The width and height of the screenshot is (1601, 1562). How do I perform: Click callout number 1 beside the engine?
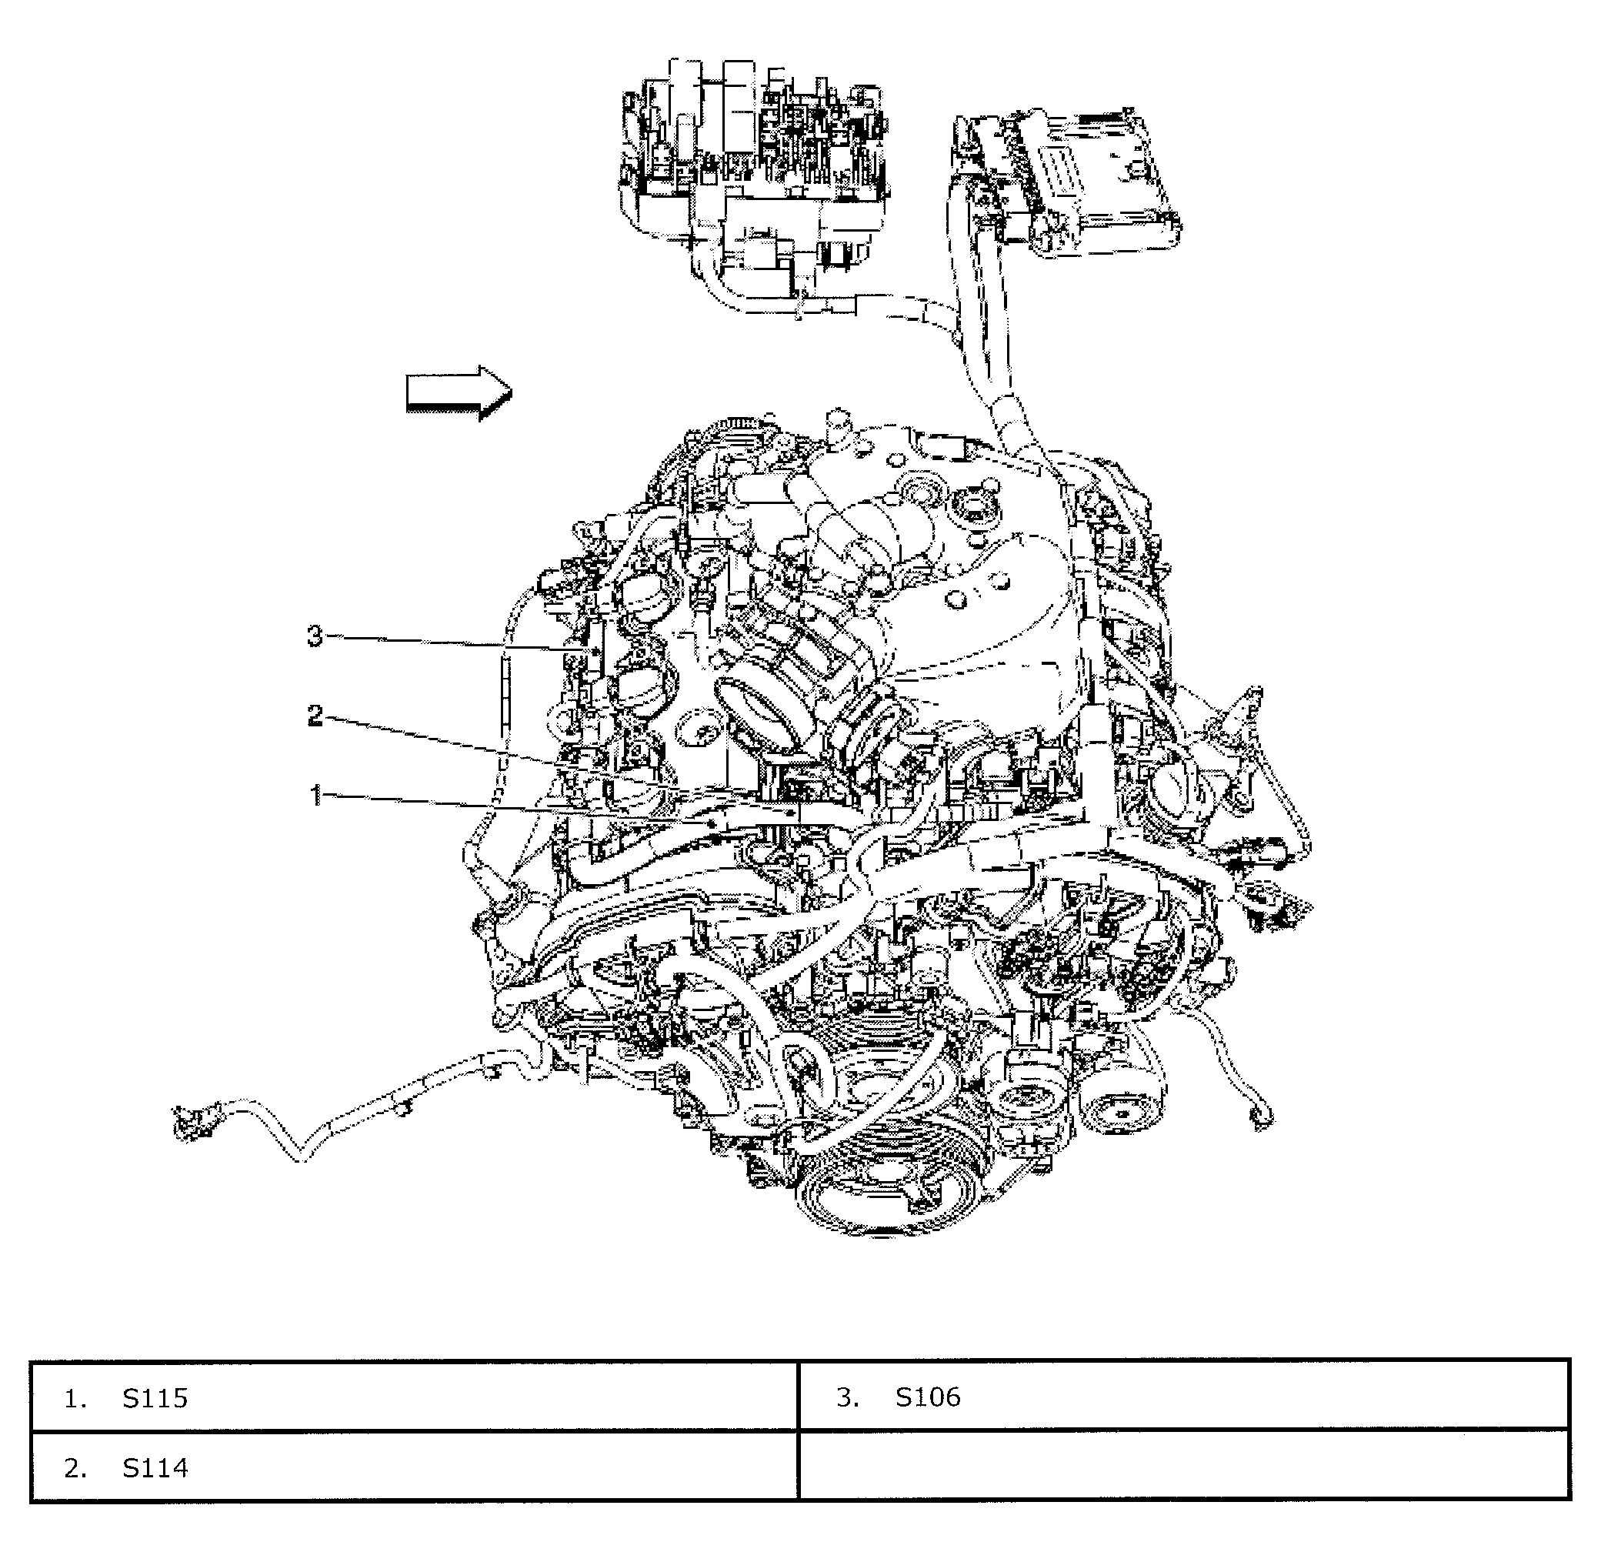315,794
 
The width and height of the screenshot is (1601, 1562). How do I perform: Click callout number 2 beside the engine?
315,716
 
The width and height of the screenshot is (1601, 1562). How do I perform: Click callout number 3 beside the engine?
315,636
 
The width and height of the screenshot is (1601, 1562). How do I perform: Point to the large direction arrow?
459,392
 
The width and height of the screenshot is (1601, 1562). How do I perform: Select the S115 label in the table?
155,1398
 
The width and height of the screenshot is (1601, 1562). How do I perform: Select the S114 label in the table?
155,1467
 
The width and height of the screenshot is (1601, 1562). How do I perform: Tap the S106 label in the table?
928,1397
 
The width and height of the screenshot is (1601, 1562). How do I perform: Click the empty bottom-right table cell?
1183,1467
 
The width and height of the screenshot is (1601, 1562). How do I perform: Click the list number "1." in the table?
75,1398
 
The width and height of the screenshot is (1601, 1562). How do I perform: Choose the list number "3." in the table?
848,1397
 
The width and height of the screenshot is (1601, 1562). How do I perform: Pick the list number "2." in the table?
75,1467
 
